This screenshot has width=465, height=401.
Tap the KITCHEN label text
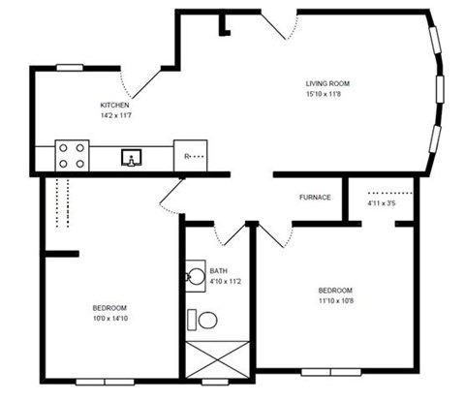[x=115, y=105]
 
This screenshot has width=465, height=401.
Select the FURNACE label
[x=315, y=197]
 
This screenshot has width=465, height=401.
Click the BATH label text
[x=218, y=271]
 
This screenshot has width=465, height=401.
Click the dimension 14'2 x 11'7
[x=115, y=115]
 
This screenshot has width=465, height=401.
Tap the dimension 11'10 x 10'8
[x=334, y=300]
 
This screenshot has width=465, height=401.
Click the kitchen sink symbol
[x=132, y=156]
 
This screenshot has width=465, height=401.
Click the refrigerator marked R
[x=194, y=156]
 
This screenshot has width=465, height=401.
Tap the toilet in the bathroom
[x=202, y=319]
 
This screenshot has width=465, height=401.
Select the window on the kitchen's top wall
[x=70, y=67]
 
